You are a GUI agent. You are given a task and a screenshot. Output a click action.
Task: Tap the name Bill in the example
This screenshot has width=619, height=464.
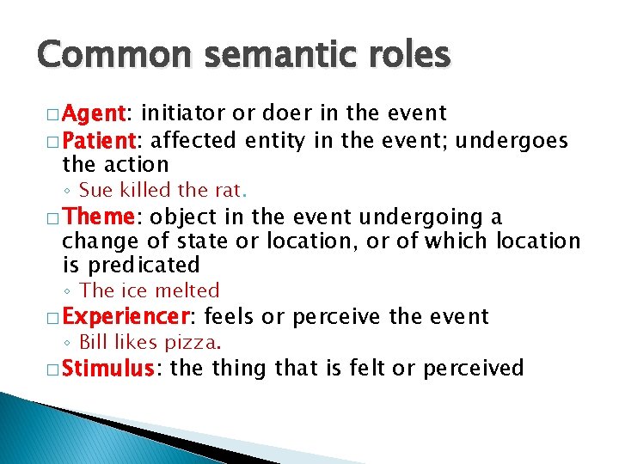pos(93,343)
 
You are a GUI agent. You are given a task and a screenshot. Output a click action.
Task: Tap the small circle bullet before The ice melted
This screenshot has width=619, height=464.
pos(68,291)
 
